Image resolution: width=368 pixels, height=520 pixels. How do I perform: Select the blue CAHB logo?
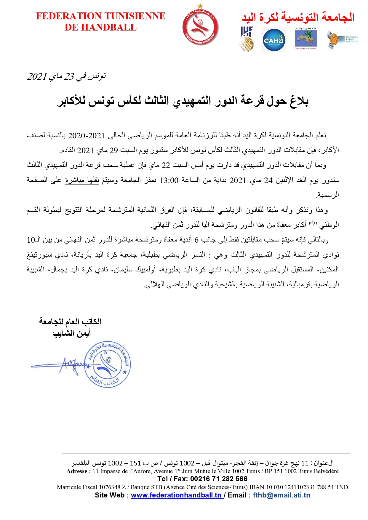(274, 40)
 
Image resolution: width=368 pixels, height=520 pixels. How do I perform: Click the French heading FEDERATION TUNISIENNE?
(101, 16)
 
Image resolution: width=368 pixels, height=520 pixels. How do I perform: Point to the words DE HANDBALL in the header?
(101, 28)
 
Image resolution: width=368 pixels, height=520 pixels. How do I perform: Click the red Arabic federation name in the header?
(298, 17)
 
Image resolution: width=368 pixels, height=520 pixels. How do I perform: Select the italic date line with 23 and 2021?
(66, 76)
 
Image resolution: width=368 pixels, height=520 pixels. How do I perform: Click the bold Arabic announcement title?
(183, 101)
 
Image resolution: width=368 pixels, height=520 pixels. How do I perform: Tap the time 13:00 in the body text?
(169, 180)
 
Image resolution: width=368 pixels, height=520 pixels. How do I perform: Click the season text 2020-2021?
(87, 136)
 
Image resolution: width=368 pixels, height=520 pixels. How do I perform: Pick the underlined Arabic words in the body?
(82, 180)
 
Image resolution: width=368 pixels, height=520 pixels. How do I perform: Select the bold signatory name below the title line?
(71, 334)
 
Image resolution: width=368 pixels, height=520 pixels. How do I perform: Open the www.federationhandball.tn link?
(177, 495)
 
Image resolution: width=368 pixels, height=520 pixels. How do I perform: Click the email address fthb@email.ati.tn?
(281, 495)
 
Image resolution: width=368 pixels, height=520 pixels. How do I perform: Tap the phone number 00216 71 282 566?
(219, 479)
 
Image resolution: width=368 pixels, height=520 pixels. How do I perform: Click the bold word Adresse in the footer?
(77, 471)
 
